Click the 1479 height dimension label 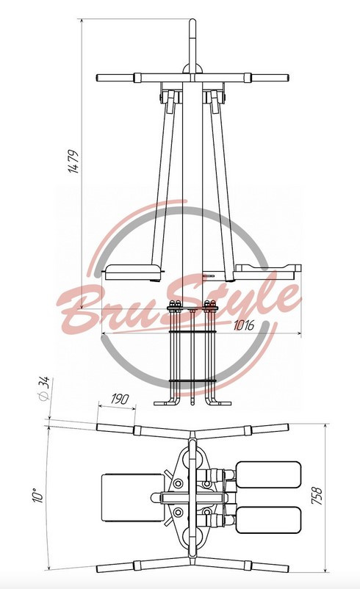tap(73, 162)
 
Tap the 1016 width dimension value tap(243, 325)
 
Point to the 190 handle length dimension tap(120, 399)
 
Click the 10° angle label tap(39, 496)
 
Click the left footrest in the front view tap(134, 272)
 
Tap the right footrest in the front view tap(267, 272)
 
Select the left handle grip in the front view tap(116, 78)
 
